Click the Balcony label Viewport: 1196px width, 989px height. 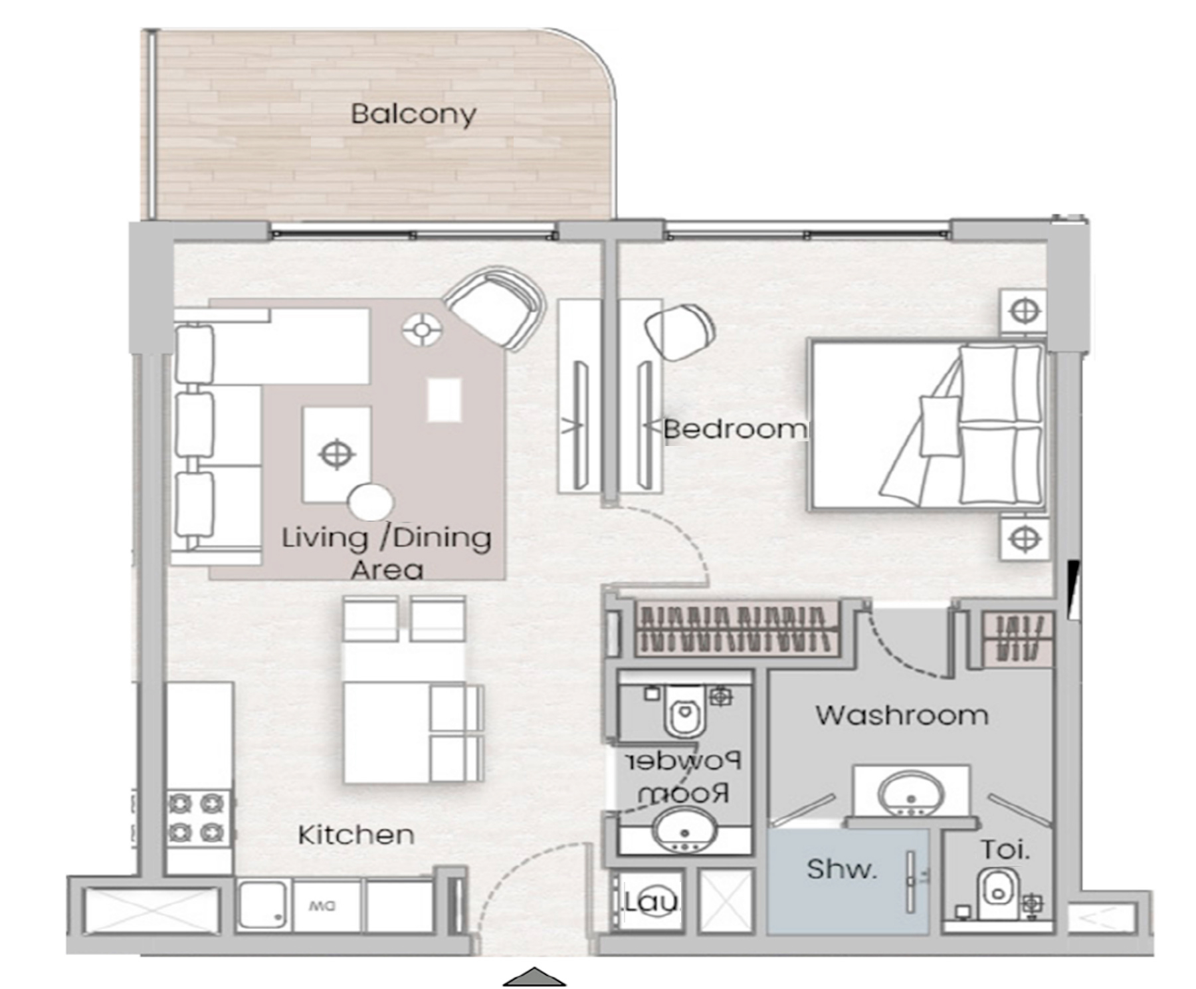413,114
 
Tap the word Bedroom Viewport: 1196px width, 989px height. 736,429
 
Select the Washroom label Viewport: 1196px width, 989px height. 902,715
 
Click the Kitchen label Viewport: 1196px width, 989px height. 355,835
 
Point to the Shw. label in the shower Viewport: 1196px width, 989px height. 842,869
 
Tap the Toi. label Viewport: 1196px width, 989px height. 1005,849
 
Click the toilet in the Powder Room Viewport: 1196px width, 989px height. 684,712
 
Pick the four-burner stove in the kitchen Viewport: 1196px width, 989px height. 197,818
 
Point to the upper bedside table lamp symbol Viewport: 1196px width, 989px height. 1024,310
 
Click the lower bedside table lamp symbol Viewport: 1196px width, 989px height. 1025,538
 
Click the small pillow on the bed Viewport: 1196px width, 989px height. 940,425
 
